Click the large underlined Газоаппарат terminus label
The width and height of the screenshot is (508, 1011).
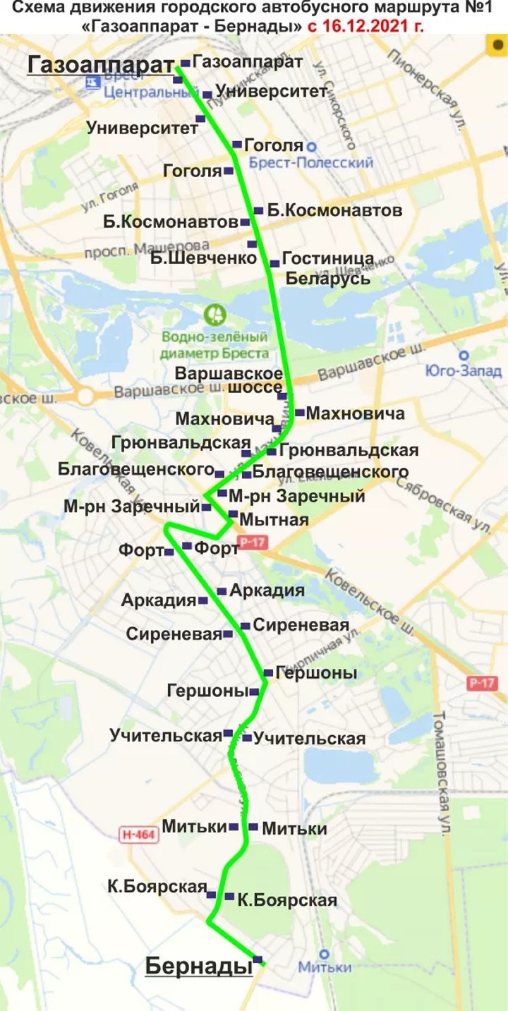(x=100, y=66)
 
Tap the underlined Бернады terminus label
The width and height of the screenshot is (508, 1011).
(x=199, y=967)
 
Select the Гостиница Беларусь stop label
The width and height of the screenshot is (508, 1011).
(x=327, y=269)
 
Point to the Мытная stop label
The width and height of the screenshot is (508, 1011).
(x=274, y=520)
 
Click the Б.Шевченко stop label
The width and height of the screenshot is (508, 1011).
(x=203, y=258)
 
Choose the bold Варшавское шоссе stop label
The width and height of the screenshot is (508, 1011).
(x=229, y=380)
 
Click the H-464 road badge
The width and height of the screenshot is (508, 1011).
(x=139, y=835)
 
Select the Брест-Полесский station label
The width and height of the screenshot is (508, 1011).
(x=311, y=163)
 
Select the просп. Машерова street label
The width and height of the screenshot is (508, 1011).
(x=146, y=249)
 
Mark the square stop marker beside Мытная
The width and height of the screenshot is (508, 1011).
(x=233, y=514)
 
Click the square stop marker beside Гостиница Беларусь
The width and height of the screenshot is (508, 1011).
(x=274, y=264)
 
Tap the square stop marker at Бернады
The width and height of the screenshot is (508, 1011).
(x=258, y=959)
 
